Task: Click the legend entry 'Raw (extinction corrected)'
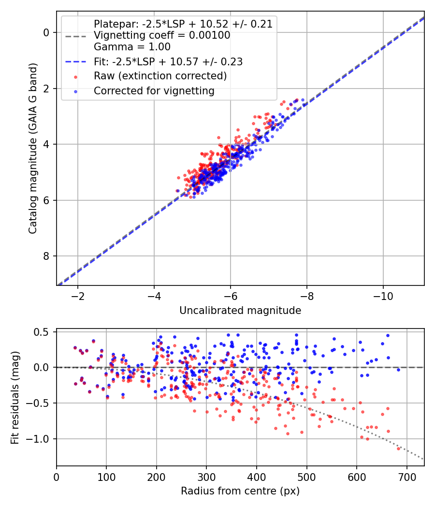pos(160,76)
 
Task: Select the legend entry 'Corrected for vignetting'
pos(154,90)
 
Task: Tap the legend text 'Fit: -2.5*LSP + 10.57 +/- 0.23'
pos(168,61)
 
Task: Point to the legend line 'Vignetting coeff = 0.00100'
pos(162,35)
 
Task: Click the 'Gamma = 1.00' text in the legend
pos(132,47)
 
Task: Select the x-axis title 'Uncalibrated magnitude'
pos(240,311)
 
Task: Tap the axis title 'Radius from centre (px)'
pos(240,491)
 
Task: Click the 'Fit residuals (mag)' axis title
pos(15,397)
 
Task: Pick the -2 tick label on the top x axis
pos(78,295)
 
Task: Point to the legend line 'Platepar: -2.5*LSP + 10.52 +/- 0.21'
pos(183,24)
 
